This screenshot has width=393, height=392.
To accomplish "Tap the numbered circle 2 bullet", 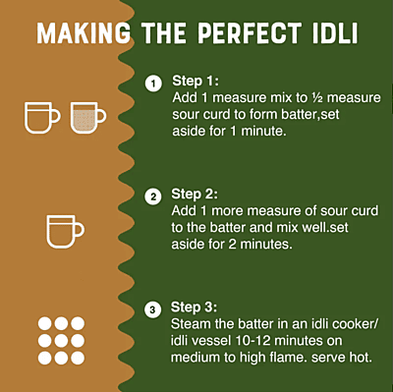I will pyautogui.click(x=152, y=196).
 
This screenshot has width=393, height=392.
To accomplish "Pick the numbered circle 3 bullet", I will pyautogui.click(x=152, y=310).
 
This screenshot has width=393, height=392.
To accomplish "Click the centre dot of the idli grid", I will pyautogui.click(x=61, y=340).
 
